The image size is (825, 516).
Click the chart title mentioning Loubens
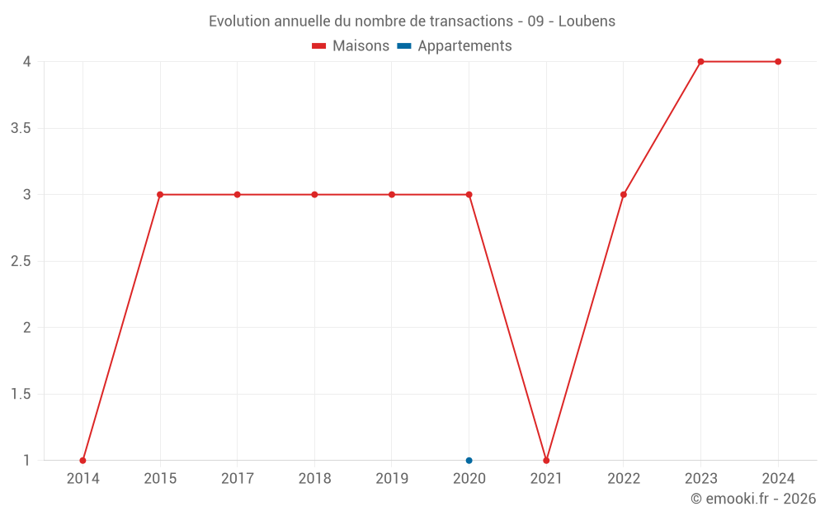point(412,21)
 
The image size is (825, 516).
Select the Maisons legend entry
point(351,46)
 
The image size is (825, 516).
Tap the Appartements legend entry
point(455,46)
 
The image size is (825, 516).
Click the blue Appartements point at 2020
point(469,461)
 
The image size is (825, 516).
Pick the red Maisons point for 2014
point(82,461)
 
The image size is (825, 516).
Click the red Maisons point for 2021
point(546,461)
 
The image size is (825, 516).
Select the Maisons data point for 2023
point(700,62)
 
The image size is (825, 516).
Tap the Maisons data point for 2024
point(778,62)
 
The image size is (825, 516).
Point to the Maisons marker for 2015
point(160,195)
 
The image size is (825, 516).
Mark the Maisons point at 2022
point(624,195)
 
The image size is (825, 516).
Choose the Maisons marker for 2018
point(314,195)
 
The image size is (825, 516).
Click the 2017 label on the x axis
point(237,478)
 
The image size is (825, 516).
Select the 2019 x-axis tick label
point(392,478)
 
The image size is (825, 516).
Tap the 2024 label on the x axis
point(778,478)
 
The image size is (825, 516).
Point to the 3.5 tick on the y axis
point(21,129)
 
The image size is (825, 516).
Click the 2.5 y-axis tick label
point(21,262)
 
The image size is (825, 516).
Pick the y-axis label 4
point(27,62)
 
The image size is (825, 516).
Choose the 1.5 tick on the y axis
point(21,395)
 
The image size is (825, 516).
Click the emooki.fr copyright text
point(753,499)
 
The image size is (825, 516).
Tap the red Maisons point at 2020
point(469,195)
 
